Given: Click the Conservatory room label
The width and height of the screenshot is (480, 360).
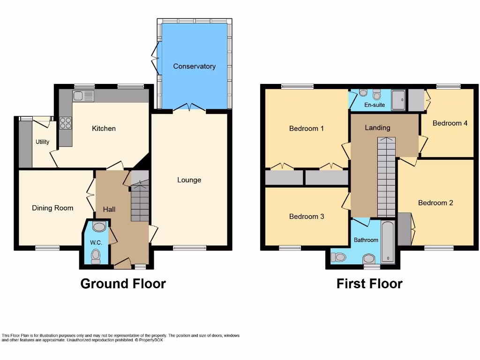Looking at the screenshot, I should tap(194, 67).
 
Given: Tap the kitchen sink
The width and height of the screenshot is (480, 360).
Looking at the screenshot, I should tap(83, 96).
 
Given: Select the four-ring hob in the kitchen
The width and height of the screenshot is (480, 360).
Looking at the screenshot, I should tap(66, 123).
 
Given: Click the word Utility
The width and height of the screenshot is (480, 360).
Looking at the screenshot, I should tap(42, 142).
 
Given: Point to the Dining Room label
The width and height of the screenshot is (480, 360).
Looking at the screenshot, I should tap(52, 208).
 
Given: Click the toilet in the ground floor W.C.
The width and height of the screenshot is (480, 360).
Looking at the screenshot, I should tap(96, 255).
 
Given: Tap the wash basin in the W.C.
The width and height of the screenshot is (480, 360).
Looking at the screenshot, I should tap(99, 227).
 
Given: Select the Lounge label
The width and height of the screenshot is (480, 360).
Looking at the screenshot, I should tap(189, 180).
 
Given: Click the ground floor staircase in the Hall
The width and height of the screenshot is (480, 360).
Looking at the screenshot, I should tap(140, 202).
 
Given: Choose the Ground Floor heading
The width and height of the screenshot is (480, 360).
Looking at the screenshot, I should tap(123, 284).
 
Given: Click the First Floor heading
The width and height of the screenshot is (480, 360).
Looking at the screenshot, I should tap(369, 284).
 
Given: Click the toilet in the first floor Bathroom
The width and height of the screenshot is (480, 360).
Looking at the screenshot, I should tap(338, 257).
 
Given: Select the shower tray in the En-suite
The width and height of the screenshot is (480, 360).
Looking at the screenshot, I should tap(398, 100).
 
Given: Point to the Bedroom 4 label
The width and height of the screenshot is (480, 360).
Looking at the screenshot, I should tap(450, 123).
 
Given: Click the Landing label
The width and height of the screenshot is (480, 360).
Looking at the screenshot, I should tap(377, 128).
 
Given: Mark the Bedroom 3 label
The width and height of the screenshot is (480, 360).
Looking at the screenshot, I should tap(307, 217).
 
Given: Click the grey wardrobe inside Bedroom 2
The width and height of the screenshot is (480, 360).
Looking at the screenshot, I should tap(404, 229).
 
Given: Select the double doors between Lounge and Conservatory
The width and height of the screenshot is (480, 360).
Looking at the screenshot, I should tap(189, 108).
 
